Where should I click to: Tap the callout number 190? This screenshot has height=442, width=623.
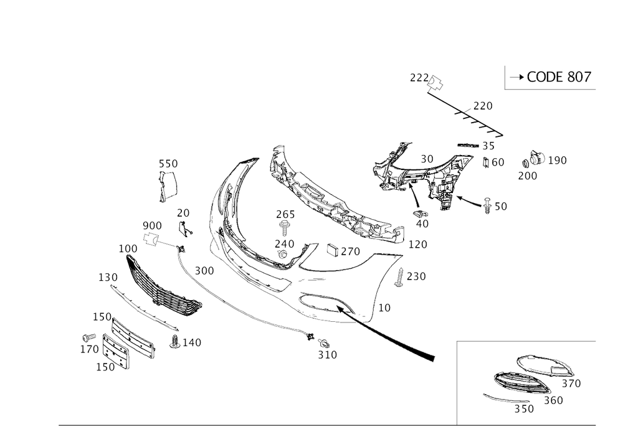558,161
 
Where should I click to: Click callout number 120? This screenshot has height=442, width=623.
108,276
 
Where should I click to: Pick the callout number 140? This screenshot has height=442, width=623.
192,342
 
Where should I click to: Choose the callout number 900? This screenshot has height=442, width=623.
151,225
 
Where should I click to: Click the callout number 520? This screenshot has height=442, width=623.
168,163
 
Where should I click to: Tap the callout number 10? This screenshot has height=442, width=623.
384,308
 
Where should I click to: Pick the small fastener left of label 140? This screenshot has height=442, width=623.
175,341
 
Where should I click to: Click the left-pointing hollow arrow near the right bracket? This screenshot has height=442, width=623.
468,200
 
